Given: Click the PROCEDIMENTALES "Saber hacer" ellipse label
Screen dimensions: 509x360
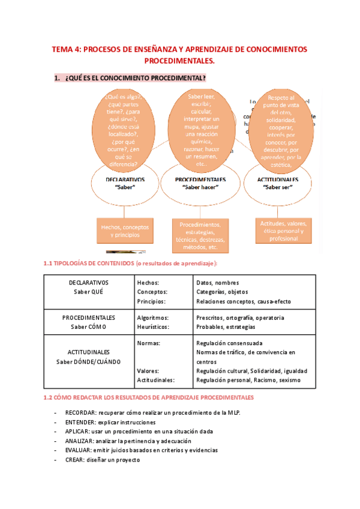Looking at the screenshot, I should pos(200,183).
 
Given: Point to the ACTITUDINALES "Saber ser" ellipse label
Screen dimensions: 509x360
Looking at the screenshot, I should pos(277,183).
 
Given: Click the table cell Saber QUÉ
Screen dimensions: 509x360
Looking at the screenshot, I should pos(88,291).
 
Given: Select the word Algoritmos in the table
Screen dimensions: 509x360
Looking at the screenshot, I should pos(153,318).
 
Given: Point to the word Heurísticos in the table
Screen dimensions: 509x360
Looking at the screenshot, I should pos(154,327).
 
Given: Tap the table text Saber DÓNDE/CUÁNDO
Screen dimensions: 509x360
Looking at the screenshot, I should pos(88,361).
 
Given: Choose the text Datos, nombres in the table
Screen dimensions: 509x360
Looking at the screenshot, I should pos(217,282).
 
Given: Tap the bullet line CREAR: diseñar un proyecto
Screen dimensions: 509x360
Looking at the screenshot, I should pos(102,460).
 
